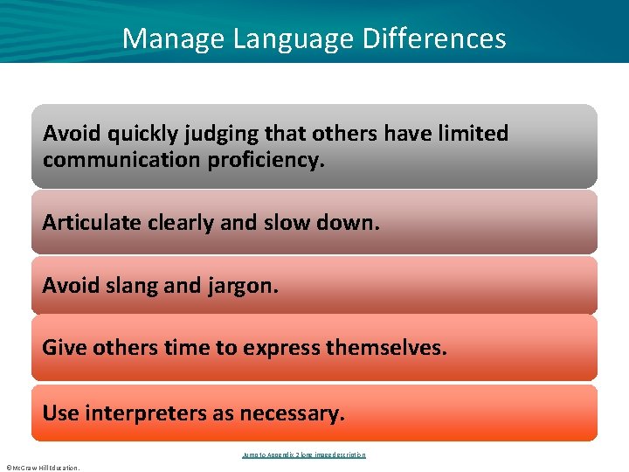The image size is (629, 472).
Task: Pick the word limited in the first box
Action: click(x=471, y=134)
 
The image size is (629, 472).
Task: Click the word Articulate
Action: click(x=91, y=222)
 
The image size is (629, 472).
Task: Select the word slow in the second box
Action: click(x=281, y=222)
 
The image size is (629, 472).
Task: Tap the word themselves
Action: click(x=386, y=348)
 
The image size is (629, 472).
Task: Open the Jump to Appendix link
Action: click(x=303, y=455)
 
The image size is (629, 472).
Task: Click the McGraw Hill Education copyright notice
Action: click(x=43, y=468)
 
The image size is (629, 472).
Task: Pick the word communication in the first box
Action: click(x=122, y=161)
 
